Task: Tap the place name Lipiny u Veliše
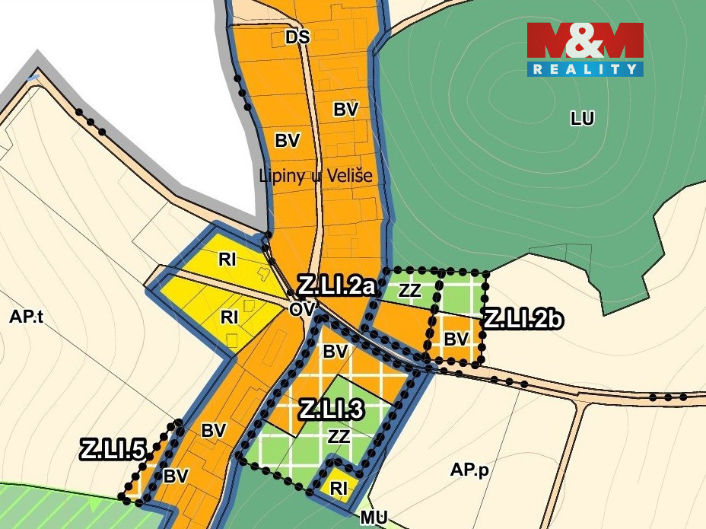click(x=316, y=176)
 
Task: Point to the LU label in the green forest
click(x=582, y=118)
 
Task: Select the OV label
click(x=301, y=309)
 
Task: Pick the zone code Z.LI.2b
click(x=523, y=319)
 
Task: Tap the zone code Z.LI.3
click(x=331, y=410)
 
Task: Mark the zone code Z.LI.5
click(x=113, y=450)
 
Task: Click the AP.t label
click(x=27, y=318)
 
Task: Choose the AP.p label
click(x=469, y=470)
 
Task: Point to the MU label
click(x=374, y=518)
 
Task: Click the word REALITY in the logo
click(x=585, y=69)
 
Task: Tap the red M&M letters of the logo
click(x=585, y=40)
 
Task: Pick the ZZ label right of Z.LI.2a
click(x=409, y=290)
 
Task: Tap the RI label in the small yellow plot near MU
click(x=339, y=488)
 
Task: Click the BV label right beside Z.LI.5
click(x=176, y=476)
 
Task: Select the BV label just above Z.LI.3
click(x=335, y=352)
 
